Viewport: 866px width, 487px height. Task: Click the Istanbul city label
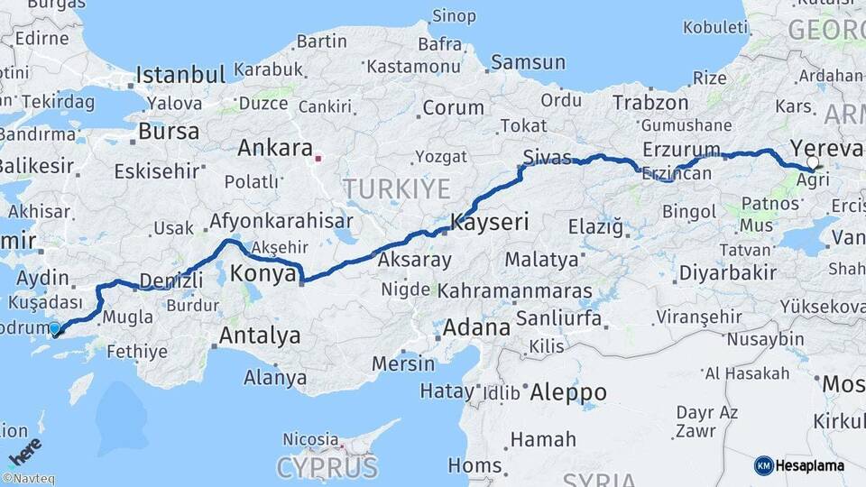tap(180, 74)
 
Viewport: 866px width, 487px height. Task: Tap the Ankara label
tap(275, 148)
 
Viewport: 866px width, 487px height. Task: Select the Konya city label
tap(263, 271)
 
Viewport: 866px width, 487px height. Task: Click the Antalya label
tap(260, 336)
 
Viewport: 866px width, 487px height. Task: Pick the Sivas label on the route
tap(547, 159)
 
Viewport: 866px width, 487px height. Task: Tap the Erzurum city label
tap(682, 149)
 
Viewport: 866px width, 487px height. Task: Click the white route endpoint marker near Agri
tap(813, 163)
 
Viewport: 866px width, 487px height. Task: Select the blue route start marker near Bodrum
tap(55, 329)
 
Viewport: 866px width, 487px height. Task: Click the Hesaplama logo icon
tap(763, 465)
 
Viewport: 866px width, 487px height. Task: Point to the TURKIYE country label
tap(396, 188)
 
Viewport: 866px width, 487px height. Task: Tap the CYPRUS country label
tap(327, 468)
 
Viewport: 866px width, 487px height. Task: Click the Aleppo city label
tap(567, 392)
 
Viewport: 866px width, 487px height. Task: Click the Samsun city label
tap(528, 63)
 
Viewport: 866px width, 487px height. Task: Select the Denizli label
tap(171, 281)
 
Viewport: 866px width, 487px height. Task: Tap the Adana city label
tap(476, 326)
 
